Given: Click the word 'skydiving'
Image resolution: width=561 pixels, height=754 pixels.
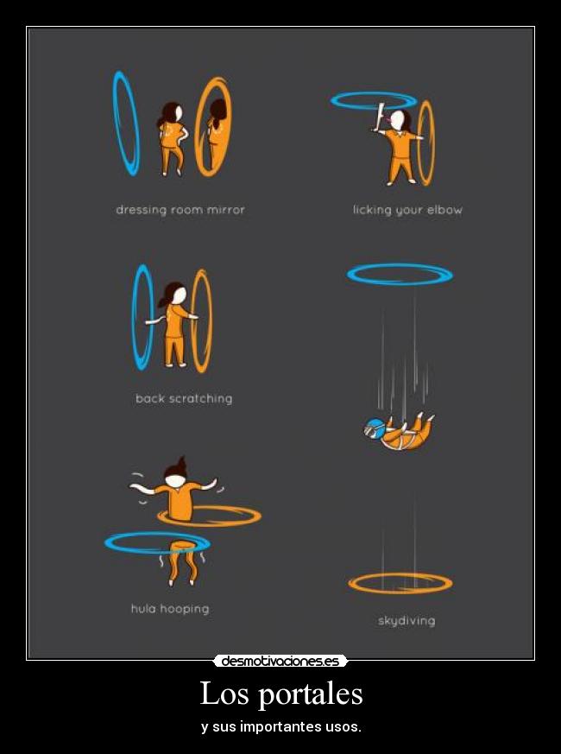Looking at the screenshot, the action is click(x=407, y=621).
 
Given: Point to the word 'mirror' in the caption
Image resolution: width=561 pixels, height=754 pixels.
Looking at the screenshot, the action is click(x=225, y=210).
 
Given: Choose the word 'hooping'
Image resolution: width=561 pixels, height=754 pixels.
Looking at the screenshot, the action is click(x=185, y=609).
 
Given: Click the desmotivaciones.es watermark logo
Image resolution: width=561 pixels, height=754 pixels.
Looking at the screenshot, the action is click(x=280, y=662).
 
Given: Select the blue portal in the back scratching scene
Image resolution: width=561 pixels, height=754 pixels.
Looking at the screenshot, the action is click(x=135, y=317).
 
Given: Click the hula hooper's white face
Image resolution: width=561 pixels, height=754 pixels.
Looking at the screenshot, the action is click(x=175, y=480).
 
